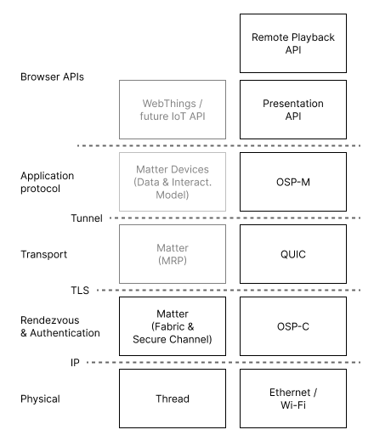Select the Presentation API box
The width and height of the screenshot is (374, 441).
coord(293,110)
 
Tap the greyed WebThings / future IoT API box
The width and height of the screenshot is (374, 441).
coord(173,110)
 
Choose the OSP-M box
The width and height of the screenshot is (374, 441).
coord(293,182)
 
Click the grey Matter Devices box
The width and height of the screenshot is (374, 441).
coord(173,182)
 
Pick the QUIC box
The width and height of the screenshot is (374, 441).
coord(293,253)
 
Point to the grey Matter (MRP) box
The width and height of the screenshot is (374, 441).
coord(173,253)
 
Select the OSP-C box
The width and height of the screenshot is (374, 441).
coord(293,325)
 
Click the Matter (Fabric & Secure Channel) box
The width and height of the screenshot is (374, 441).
coord(173,325)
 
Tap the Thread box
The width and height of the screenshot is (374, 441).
coord(173,398)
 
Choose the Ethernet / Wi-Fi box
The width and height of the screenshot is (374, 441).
coord(293,398)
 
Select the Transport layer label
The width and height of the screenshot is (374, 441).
coord(43,253)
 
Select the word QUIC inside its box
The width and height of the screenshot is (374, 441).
coord(293,253)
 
